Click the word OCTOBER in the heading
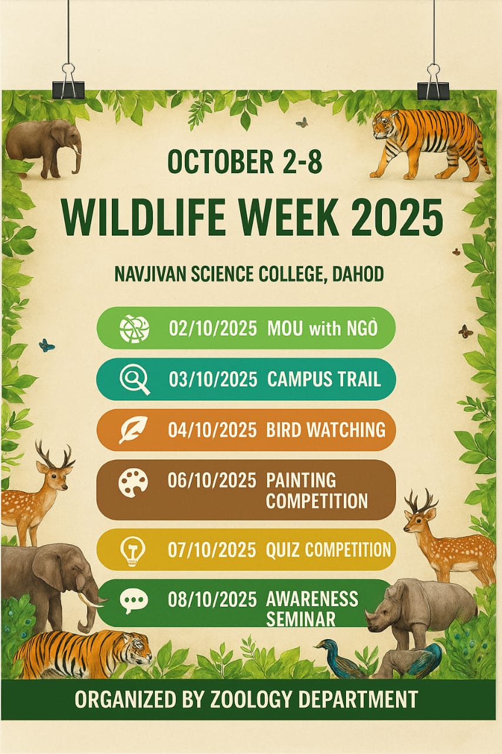point(221,162)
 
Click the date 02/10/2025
point(213,328)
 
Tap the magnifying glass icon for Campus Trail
point(135,379)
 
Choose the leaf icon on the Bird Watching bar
point(134,430)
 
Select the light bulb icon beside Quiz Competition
point(133,551)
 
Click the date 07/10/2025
point(212,550)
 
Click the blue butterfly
point(46,345)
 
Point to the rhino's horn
point(370,614)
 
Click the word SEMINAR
point(301,619)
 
